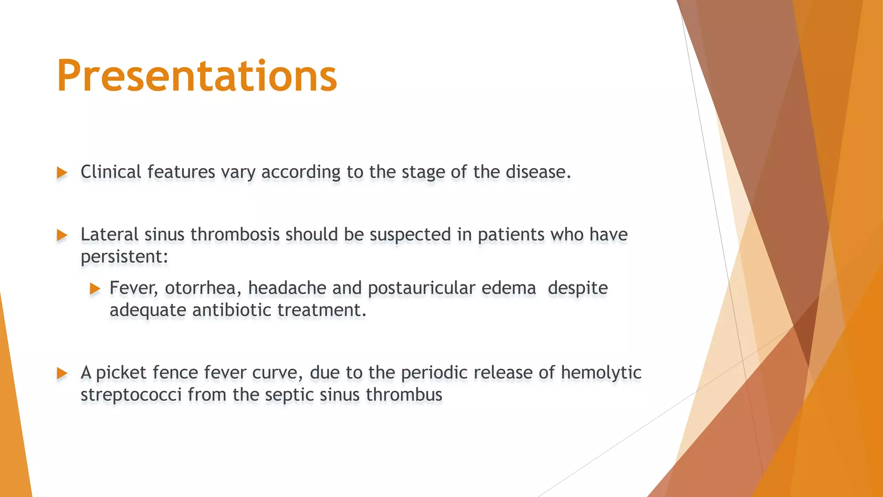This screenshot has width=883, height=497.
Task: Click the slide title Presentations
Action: pyautogui.click(x=197, y=76)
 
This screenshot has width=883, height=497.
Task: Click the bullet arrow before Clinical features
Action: pyautogui.click(x=62, y=173)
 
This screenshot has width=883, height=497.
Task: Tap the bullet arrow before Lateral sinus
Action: pyautogui.click(x=62, y=236)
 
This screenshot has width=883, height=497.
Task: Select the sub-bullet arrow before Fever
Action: pyautogui.click(x=95, y=289)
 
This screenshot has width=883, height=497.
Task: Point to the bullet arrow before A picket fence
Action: pyautogui.click(x=62, y=373)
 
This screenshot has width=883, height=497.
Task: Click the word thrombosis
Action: pyautogui.click(x=235, y=235)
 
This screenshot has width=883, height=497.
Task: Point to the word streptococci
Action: pyautogui.click(x=131, y=395)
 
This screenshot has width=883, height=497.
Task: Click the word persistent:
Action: pyautogui.click(x=124, y=257)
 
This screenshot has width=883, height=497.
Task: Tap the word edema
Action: pyautogui.click(x=509, y=288)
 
